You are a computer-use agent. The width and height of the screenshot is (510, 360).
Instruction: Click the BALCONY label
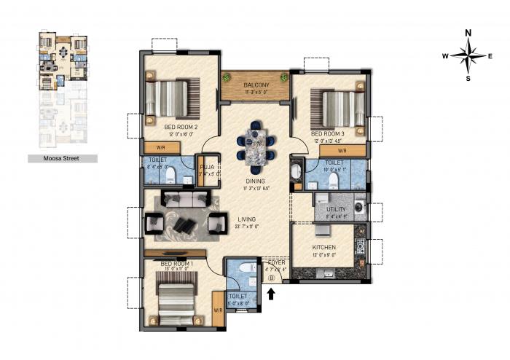coord(256,85)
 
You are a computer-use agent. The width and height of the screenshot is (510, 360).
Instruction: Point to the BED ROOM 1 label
coord(176,263)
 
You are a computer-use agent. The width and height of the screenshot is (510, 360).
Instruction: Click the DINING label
coord(255,181)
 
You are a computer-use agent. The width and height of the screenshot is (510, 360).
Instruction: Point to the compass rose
coord(468,55)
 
